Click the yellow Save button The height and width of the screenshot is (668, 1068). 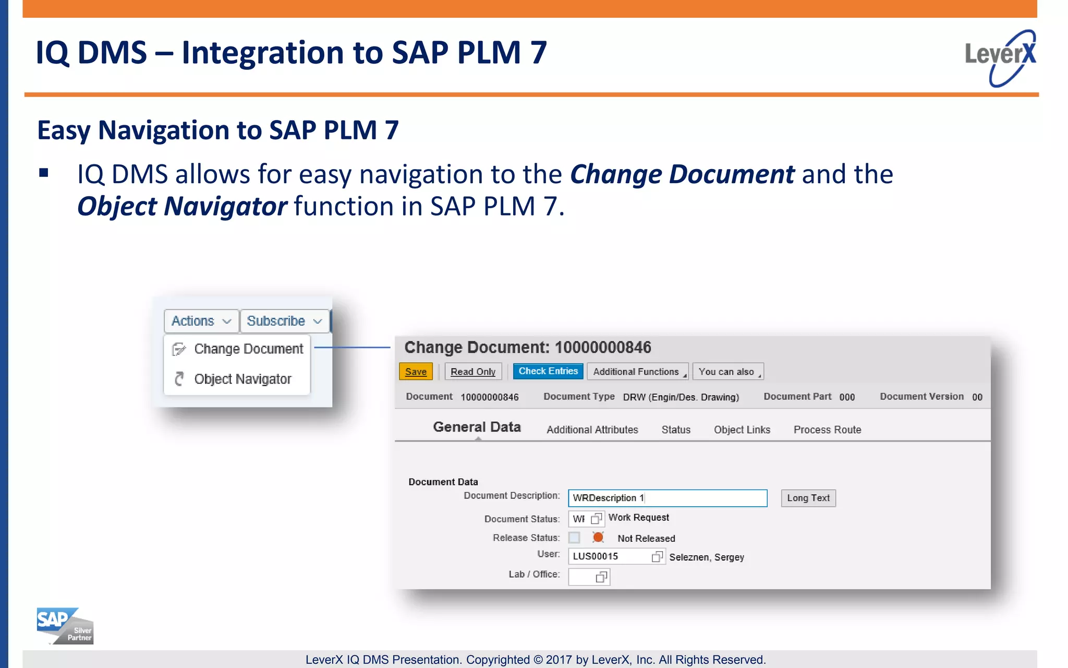click(x=416, y=372)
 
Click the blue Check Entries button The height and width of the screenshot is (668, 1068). click(x=548, y=371)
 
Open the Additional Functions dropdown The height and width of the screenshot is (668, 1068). click(x=637, y=372)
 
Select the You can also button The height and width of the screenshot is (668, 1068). click(x=727, y=372)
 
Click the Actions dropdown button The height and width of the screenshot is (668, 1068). click(x=201, y=321)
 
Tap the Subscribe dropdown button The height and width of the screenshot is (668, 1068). click(x=284, y=321)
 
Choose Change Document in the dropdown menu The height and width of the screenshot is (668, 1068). click(x=248, y=349)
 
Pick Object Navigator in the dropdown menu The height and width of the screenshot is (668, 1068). click(x=242, y=379)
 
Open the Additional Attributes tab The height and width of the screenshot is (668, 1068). click(x=592, y=430)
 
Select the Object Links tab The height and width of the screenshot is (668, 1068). click(x=742, y=430)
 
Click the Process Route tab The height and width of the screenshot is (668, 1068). click(x=827, y=430)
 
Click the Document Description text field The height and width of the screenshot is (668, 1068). click(x=667, y=498)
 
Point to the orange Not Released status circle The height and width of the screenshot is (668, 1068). click(x=598, y=538)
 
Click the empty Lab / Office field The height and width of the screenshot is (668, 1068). click(x=582, y=577)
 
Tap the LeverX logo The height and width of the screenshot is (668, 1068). click(x=1000, y=57)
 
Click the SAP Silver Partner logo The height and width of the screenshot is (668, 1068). click(x=65, y=626)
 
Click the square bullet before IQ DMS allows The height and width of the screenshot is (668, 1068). click(x=44, y=173)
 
